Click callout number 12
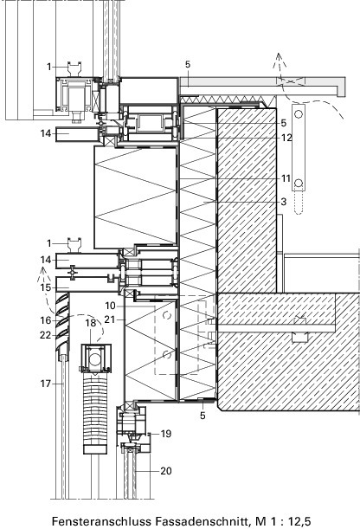pyautogui.click(x=286, y=138)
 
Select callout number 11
pyautogui.click(x=286, y=178)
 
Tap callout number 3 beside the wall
pyautogui.click(x=284, y=202)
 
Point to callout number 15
pyautogui.click(x=46, y=287)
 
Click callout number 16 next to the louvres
pyautogui.click(x=46, y=320)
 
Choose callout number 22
pyautogui.click(x=46, y=335)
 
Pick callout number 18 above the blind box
pyautogui.click(x=91, y=323)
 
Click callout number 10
pyautogui.click(x=110, y=306)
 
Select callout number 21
pyautogui.click(x=110, y=319)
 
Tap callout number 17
pyautogui.click(x=46, y=384)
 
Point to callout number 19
pyautogui.click(x=166, y=434)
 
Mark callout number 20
pyautogui.click(x=166, y=471)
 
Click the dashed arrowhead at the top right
pyautogui.click(x=279, y=60)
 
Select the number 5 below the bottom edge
pyautogui.click(x=202, y=416)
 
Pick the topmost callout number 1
pyautogui.click(x=48, y=67)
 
